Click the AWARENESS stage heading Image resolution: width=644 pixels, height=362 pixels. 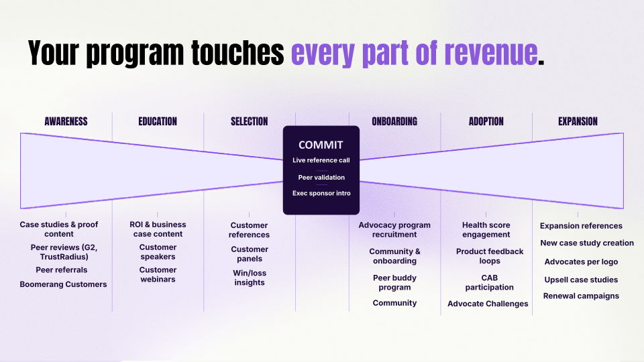(x=66, y=121)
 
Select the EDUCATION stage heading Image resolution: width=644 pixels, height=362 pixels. (x=158, y=121)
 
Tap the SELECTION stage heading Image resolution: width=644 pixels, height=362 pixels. (x=250, y=121)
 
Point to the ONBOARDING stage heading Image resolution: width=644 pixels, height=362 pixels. (x=394, y=121)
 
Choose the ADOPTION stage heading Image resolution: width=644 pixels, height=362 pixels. (x=486, y=121)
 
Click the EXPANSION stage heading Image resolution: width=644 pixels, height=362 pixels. (x=578, y=121)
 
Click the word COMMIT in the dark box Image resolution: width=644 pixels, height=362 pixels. (x=321, y=145)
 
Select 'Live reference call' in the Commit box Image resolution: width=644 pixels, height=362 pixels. (x=321, y=160)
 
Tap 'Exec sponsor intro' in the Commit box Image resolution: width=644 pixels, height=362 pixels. (x=321, y=193)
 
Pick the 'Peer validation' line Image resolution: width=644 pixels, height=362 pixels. (x=321, y=177)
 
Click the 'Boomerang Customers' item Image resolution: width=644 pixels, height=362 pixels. (x=63, y=284)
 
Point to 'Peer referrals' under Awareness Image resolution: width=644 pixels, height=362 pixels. (x=62, y=270)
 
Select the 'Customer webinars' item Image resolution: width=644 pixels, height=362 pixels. (x=158, y=275)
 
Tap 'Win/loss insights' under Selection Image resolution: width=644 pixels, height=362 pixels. (x=250, y=278)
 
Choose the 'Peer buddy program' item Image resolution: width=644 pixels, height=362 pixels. (x=394, y=283)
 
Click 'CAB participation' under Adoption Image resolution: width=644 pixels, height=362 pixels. (x=490, y=283)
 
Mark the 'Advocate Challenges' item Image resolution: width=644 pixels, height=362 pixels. (x=488, y=304)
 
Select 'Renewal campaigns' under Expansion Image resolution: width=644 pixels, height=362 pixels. (x=581, y=296)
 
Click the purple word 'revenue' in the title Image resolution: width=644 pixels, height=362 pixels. (x=491, y=53)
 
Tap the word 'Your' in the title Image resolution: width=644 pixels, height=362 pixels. (x=54, y=53)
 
